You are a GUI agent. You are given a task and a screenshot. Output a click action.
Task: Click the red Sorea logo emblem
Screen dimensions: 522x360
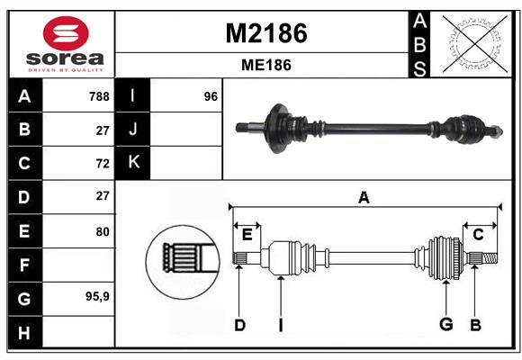point(66,33)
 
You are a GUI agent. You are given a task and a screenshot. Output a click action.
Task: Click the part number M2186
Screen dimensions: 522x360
point(266,33)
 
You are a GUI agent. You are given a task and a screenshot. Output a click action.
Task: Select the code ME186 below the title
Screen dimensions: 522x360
point(266,65)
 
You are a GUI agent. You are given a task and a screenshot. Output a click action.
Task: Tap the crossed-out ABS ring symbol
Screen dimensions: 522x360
point(476,43)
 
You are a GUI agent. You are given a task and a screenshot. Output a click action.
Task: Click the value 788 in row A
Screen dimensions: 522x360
point(99,96)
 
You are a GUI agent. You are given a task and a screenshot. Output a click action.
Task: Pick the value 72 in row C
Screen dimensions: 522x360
point(103,164)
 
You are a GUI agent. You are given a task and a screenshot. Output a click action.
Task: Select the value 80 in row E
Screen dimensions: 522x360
point(103,231)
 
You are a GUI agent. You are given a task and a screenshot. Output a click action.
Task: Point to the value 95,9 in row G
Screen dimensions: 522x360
point(97,296)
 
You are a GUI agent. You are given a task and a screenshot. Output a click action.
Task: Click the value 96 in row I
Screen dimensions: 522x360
point(211,96)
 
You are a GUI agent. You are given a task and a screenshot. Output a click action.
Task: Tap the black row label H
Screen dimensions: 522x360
point(24,332)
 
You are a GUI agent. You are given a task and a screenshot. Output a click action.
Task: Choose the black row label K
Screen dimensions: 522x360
point(133,162)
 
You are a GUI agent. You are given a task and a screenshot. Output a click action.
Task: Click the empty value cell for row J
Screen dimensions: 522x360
point(186,129)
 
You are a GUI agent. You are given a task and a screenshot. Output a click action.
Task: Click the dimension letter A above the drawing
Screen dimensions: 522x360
point(364,197)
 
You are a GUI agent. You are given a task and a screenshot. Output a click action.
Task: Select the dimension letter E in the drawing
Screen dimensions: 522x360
point(247,235)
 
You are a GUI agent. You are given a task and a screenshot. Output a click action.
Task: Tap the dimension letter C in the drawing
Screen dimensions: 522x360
point(478,235)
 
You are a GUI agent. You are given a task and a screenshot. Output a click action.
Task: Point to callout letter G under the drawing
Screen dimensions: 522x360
point(446,324)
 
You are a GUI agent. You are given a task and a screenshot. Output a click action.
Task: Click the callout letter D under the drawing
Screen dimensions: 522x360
point(239,325)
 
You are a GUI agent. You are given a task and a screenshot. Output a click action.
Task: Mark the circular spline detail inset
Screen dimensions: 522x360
point(183,261)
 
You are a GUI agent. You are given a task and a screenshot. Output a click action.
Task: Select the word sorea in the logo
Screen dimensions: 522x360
point(65,58)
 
